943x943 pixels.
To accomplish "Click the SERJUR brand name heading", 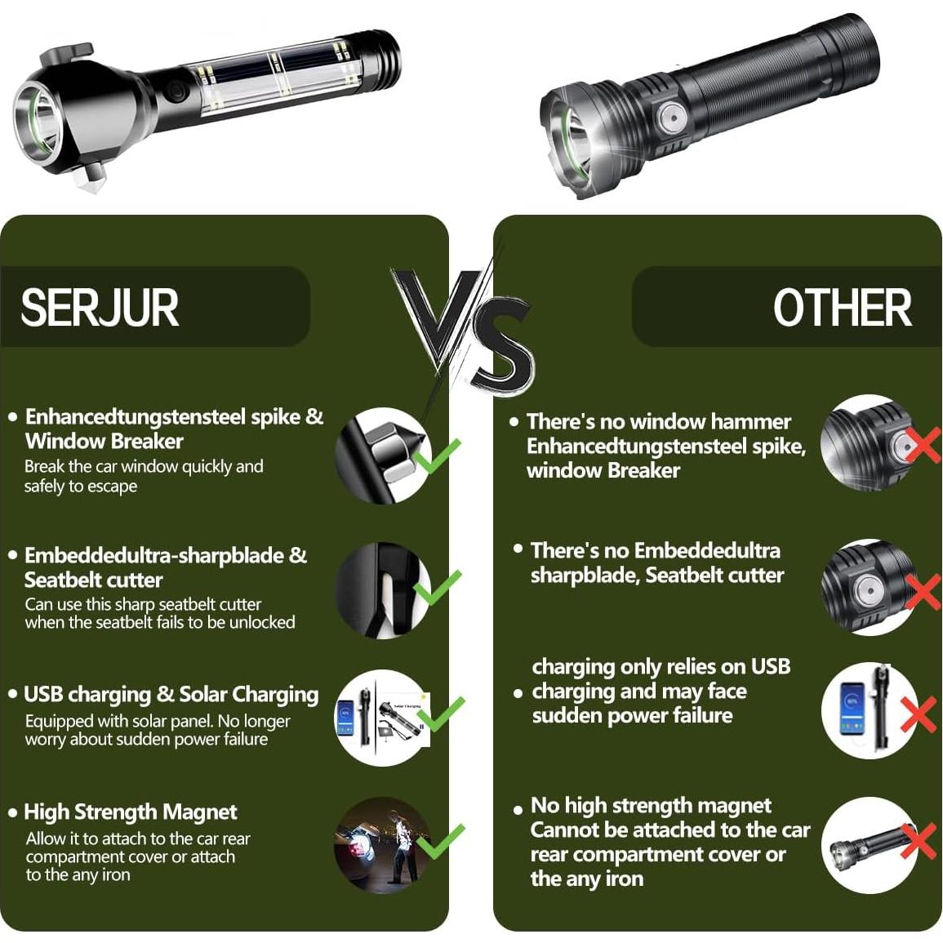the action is pos(100,307).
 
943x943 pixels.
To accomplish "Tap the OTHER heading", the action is pos(843,307).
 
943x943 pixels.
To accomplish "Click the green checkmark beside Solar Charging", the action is pos(441,714).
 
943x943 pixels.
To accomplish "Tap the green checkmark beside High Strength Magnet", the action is pos(441,841).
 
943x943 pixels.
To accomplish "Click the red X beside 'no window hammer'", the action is pos(923,446).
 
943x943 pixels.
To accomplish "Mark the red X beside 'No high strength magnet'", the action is pos(919,841).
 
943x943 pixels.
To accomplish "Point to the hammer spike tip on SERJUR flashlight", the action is pos(88,186).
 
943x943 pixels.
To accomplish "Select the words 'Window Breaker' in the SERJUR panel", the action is pos(104,442).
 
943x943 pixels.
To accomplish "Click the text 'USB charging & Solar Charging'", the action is pos(171,695).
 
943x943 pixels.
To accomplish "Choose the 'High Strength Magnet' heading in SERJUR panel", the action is pos(131,812).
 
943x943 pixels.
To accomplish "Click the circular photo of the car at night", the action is pos(382,844).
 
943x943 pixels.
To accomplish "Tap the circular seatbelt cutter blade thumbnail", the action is pos(382,590).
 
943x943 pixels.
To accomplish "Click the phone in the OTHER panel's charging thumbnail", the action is pos(853,709).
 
